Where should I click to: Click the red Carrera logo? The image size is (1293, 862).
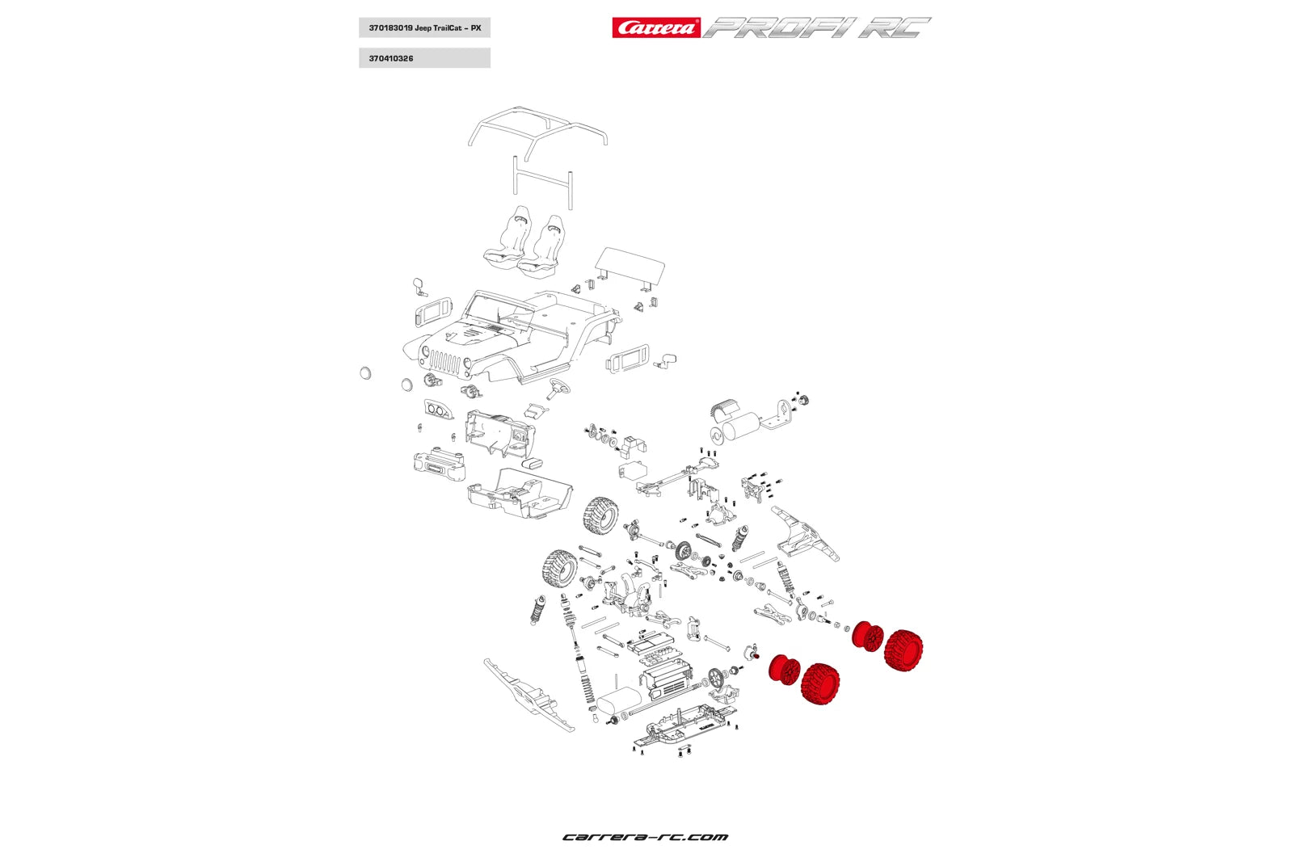pos(655,28)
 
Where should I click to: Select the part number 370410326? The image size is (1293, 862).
pos(391,59)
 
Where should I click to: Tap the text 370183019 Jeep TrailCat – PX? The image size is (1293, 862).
pos(424,28)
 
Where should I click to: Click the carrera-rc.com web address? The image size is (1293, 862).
pos(645,837)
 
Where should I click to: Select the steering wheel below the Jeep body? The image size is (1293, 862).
pos(558,388)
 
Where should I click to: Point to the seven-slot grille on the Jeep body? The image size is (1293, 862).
pos(444,361)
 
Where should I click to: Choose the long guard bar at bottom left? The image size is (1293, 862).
pos(529,696)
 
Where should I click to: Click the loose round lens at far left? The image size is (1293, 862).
pos(364,372)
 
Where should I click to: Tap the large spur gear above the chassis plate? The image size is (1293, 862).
pos(715,677)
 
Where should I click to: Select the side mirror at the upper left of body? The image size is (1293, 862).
pos(419,285)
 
